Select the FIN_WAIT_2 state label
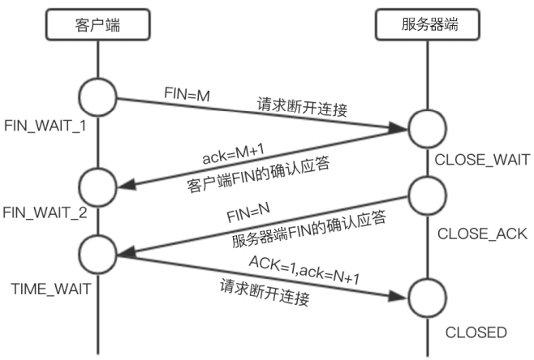click(45, 215)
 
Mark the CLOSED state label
click(477, 332)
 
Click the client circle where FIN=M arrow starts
click(101, 99)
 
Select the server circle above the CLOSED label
click(428, 298)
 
